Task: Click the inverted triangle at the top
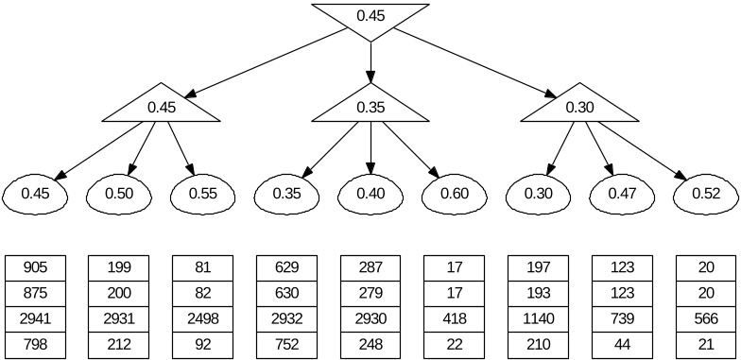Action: pyautogui.click(x=370, y=17)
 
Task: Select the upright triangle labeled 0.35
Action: pyautogui.click(x=370, y=106)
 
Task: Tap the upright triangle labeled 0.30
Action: pyautogui.click(x=579, y=106)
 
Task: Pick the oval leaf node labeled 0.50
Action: pyautogui.click(x=119, y=194)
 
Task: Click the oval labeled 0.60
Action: pyautogui.click(x=454, y=194)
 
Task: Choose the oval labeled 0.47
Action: pyautogui.click(x=621, y=194)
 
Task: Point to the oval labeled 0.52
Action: pyautogui.click(x=705, y=194)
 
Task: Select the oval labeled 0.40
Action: pyautogui.click(x=370, y=194)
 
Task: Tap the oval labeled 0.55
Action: pyautogui.click(x=202, y=194)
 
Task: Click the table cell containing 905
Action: pyautogui.click(x=35, y=267)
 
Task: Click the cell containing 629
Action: pyautogui.click(x=286, y=267)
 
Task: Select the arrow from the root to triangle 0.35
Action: pyautogui.click(x=370, y=61)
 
